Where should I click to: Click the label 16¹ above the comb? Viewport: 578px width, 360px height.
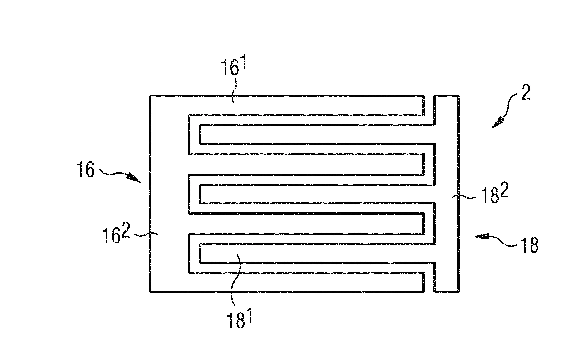[x=234, y=67]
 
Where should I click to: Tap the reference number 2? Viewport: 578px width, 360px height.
[x=526, y=92]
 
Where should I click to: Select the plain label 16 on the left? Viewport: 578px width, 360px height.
[x=85, y=170]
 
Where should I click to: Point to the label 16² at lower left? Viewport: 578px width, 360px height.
[x=116, y=235]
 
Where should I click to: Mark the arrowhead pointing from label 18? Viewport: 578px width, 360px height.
[x=481, y=236]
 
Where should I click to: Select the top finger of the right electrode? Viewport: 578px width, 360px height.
[x=317, y=135]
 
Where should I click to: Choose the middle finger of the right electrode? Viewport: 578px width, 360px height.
[x=317, y=194]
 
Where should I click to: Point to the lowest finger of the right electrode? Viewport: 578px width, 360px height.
[x=317, y=253]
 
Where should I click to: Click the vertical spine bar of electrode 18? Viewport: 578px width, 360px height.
[x=447, y=194]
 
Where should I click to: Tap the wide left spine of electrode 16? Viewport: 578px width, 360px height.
[x=170, y=194]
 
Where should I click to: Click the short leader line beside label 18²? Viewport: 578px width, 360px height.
[x=464, y=196]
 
